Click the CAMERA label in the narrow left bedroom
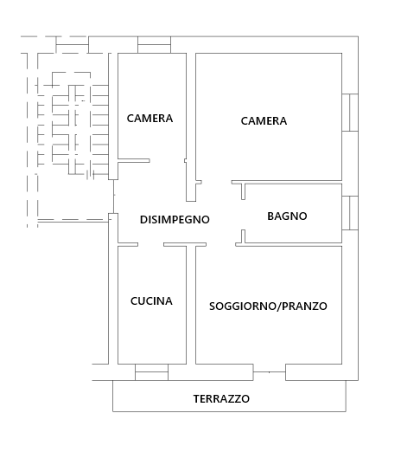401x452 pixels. pos(150,119)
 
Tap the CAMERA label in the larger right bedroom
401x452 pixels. pos(264,121)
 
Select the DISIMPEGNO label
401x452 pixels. pos(175,220)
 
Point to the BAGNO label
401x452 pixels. pos(287,216)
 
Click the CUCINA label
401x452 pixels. pos(151,301)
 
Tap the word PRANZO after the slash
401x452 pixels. pos(304,307)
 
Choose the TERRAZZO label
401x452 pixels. pos(221,399)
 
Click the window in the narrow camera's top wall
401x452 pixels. pos(154,45)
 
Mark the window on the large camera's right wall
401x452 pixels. pos(350,113)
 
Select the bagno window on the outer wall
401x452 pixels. pos(350,213)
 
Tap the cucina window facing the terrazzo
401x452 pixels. pos(151,372)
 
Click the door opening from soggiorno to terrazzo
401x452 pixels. pos(270,372)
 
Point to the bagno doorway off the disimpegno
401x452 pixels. pos(244,215)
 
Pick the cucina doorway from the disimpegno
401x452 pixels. pos(150,245)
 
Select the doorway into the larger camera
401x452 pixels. pos(217,183)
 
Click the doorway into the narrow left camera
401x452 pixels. pos(168,161)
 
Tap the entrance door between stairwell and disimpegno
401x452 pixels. pos(113,197)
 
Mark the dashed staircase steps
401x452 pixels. pos(73,129)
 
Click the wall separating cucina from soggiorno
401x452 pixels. pos(191,305)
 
